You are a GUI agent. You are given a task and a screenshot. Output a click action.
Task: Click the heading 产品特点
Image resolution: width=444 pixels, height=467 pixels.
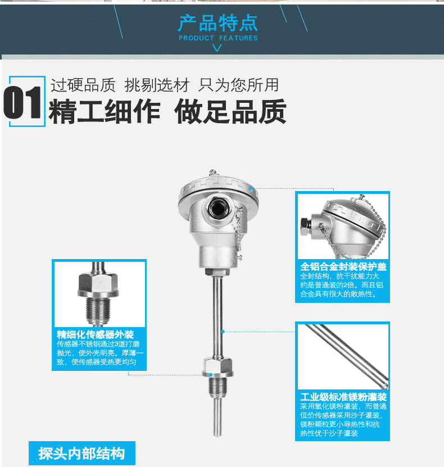[218, 23]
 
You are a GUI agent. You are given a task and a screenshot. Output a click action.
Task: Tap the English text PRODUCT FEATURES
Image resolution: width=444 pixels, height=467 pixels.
[218, 38]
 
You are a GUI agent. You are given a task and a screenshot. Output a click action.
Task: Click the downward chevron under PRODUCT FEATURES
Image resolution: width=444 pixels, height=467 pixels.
[217, 48]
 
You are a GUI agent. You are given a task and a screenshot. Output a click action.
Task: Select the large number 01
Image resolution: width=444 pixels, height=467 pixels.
[22, 102]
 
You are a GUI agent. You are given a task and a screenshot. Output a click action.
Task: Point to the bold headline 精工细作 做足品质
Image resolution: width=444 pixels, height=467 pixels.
[167, 112]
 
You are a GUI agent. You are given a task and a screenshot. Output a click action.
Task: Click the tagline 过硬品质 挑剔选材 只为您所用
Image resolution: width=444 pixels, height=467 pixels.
[165, 85]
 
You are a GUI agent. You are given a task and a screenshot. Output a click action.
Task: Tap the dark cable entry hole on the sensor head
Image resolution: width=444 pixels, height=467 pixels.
[218, 208]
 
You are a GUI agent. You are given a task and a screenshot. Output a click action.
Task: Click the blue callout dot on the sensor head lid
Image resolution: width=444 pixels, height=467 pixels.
[251, 188]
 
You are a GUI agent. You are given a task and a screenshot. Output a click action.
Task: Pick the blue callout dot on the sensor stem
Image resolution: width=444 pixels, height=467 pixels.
[223, 332]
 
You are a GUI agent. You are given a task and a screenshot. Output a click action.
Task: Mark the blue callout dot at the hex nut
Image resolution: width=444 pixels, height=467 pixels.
[211, 375]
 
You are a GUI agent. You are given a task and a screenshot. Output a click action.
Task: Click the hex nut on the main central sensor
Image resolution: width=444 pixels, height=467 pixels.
[218, 367]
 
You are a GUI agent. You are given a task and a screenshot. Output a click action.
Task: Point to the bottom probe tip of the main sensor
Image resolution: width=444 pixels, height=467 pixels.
[218, 434]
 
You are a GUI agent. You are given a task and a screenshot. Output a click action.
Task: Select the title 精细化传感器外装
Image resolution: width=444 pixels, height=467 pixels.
[96, 334]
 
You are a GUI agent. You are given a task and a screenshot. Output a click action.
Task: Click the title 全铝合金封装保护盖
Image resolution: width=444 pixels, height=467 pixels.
[343, 266]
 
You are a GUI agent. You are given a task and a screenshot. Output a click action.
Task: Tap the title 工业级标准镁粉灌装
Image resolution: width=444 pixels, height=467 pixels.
[343, 397]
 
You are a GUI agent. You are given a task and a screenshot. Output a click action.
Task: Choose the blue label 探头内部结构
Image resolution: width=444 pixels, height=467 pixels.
[81, 454]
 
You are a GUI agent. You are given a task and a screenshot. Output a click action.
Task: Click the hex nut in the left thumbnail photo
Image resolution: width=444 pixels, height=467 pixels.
[98, 285]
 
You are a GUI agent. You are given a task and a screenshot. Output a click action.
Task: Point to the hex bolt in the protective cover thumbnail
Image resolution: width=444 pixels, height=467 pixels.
[306, 226]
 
